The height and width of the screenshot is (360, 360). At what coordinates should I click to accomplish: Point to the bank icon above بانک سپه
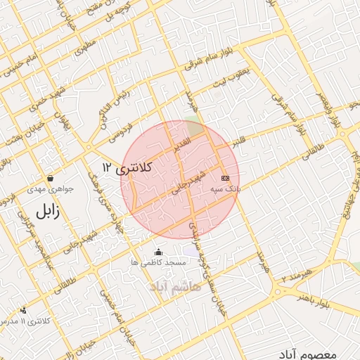tap(224, 178)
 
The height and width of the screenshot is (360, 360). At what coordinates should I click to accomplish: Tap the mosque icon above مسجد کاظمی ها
tap(158, 252)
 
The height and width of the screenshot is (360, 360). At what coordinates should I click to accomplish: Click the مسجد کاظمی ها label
tap(158, 262)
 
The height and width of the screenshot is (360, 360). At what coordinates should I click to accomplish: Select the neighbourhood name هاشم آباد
tap(175, 286)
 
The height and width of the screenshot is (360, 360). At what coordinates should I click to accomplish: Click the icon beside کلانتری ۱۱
tap(24, 309)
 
